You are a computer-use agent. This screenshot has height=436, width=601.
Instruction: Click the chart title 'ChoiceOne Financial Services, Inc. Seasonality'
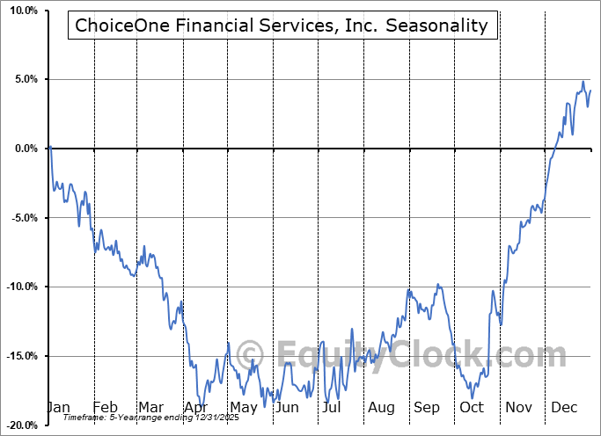(281, 25)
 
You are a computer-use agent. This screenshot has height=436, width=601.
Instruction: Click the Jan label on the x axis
(58, 408)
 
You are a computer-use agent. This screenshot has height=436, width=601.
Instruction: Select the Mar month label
(150, 408)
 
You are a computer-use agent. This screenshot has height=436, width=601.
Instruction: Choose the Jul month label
(332, 408)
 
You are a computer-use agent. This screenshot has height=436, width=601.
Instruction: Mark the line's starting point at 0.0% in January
(51, 147)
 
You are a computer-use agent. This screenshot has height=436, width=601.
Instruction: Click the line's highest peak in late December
(583, 83)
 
